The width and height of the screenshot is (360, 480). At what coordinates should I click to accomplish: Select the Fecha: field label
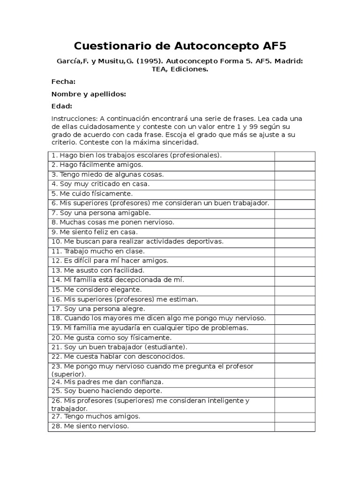(63, 82)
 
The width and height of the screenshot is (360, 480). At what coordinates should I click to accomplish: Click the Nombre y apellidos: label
(89, 94)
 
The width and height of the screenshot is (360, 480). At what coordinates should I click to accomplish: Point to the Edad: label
(62, 106)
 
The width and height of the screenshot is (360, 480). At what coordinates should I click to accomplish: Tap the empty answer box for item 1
(294, 156)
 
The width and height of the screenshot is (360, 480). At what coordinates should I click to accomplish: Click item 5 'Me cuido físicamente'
(92, 194)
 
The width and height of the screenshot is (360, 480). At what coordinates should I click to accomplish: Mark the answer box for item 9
(294, 232)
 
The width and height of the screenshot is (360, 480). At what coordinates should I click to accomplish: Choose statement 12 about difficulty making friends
(110, 261)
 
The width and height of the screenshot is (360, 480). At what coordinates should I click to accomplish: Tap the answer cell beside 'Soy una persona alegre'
(294, 309)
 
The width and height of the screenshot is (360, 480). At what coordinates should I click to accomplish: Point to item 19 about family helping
(150, 328)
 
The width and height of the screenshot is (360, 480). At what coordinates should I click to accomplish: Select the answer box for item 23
(294, 370)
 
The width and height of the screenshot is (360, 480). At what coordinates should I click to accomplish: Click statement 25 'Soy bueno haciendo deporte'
(107, 391)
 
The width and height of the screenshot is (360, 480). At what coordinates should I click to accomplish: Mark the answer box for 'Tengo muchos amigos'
(294, 416)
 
